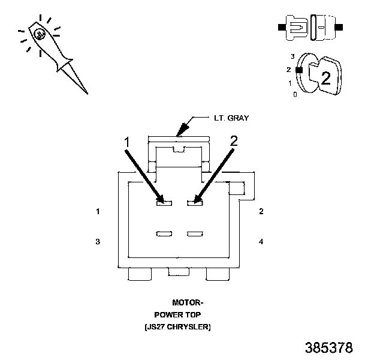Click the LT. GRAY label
[x=231, y=118]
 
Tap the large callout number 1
[x=126, y=142]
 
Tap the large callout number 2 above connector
[x=234, y=142]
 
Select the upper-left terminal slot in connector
[x=164, y=203]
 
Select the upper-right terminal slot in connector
[x=195, y=203]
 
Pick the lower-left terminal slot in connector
[x=164, y=233]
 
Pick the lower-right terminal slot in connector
[x=195, y=233]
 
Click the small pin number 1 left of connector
[x=97, y=212]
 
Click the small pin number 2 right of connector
[x=261, y=212]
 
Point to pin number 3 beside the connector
[x=97, y=242]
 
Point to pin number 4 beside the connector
[x=261, y=242]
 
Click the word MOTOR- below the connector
[x=188, y=304]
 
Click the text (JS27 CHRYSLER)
[x=177, y=328]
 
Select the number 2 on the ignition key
[x=325, y=77]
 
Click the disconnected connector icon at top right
[x=310, y=28]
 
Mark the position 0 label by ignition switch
[x=294, y=95]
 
